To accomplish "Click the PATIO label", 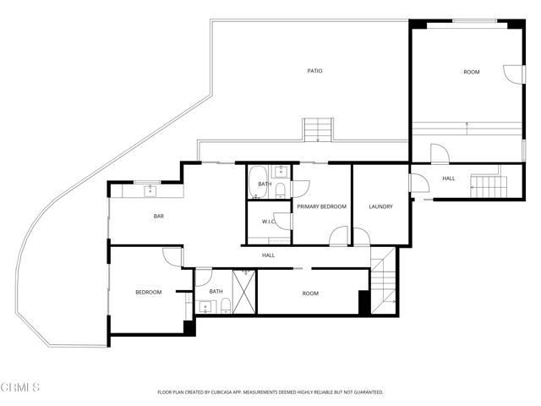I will (314, 71).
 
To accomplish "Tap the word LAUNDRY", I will (380, 206).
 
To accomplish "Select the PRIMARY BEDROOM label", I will (321, 206).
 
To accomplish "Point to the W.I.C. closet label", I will (270, 222).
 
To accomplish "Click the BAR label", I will (158, 217).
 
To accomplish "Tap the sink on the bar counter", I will (150, 191).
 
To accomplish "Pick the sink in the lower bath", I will (205, 306).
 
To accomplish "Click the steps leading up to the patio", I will (319, 129).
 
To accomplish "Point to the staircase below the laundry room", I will (383, 279).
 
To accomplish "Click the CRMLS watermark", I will (21, 388).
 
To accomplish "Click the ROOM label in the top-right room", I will (472, 72).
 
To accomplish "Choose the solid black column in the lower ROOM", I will (364, 302).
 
